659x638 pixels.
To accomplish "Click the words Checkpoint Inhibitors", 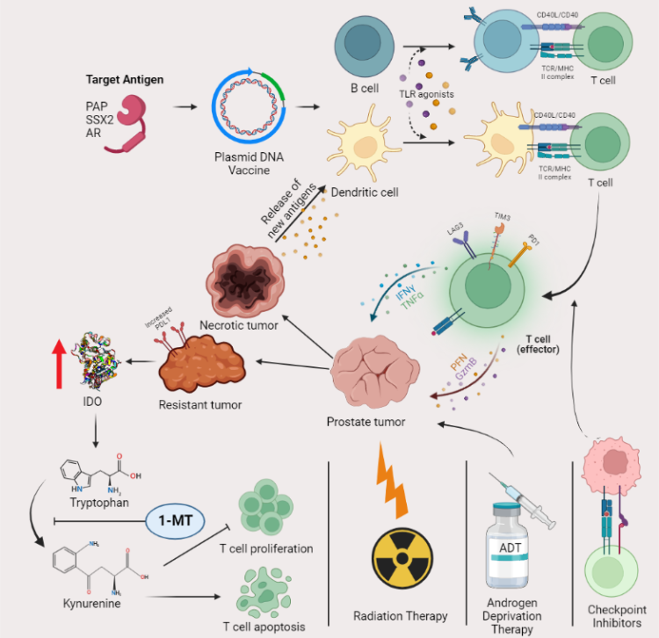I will tap(612, 616).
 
